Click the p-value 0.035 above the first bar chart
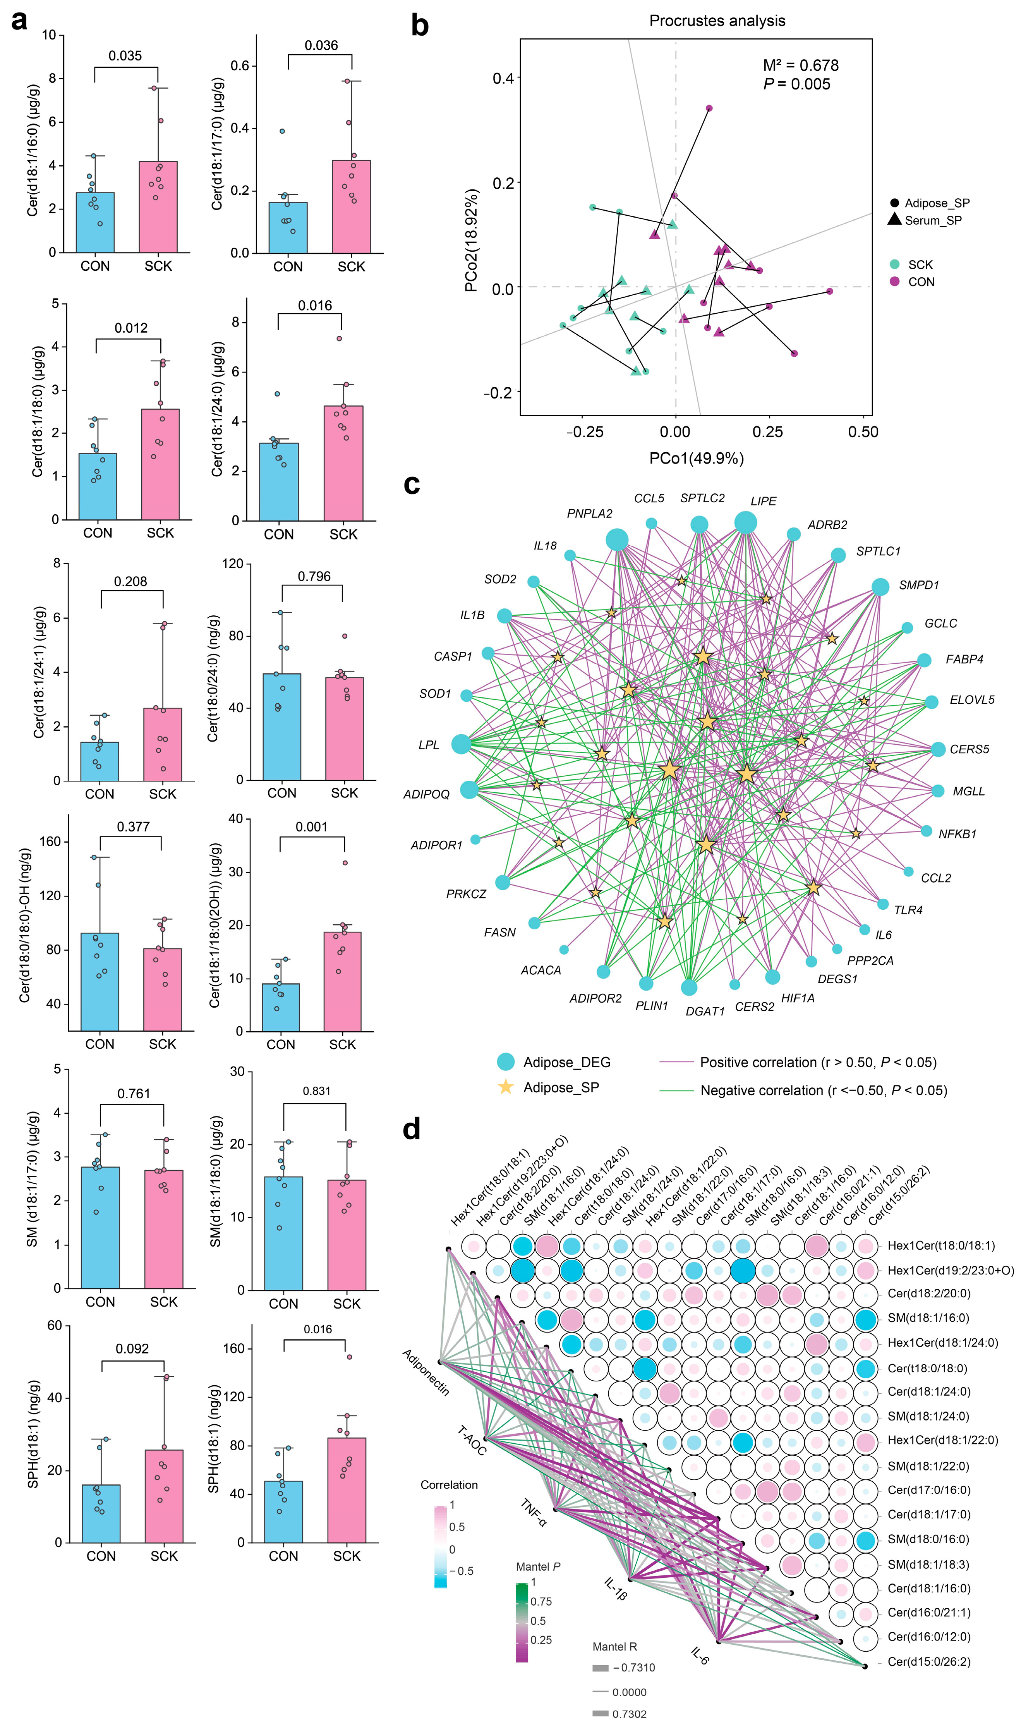point(125,56)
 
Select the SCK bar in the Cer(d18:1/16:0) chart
point(158,206)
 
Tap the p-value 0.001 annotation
point(312,827)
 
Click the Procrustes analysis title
point(717,21)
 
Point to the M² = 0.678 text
point(800,65)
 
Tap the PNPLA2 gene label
point(590,514)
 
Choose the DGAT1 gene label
point(705,1011)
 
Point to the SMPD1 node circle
point(880,587)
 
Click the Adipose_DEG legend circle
point(506,1061)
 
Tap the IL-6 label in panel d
point(700,1656)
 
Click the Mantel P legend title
point(538,1566)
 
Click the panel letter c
point(412,484)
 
